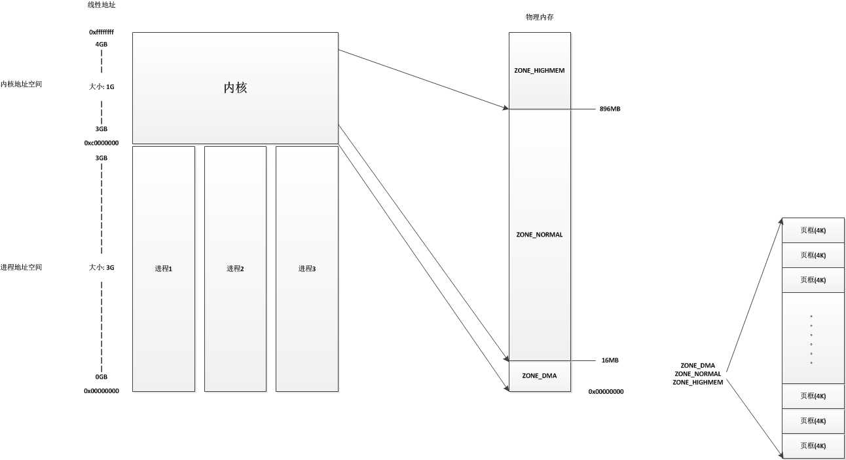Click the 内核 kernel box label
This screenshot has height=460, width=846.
tap(235, 87)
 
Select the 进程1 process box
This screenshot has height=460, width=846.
tap(163, 269)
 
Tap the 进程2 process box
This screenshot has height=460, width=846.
tap(235, 269)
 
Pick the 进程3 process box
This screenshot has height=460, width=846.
tap(307, 269)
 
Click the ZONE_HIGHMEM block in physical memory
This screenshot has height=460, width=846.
tap(540, 70)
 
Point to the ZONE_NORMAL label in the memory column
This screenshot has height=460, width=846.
tap(540, 234)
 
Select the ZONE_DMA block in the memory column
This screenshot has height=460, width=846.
tap(540, 376)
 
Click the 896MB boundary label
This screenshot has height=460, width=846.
tap(610, 109)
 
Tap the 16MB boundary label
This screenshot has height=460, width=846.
tap(610, 360)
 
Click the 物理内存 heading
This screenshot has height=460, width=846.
tap(540, 17)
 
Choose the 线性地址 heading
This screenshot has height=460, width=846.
tap(101, 5)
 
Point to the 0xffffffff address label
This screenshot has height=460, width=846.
tap(101, 31)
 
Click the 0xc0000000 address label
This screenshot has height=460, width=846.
tap(101, 142)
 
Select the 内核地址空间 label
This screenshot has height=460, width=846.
tap(22, 85)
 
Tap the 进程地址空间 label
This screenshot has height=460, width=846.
tap(22, 267)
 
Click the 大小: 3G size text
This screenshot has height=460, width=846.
tap(101, 267)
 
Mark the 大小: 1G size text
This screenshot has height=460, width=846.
tap(101, 86)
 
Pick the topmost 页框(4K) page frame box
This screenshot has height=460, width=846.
tap(813, 231)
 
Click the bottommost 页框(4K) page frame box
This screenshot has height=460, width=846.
tap(813, 446)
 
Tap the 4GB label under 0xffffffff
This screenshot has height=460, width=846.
tap(101, 45)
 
